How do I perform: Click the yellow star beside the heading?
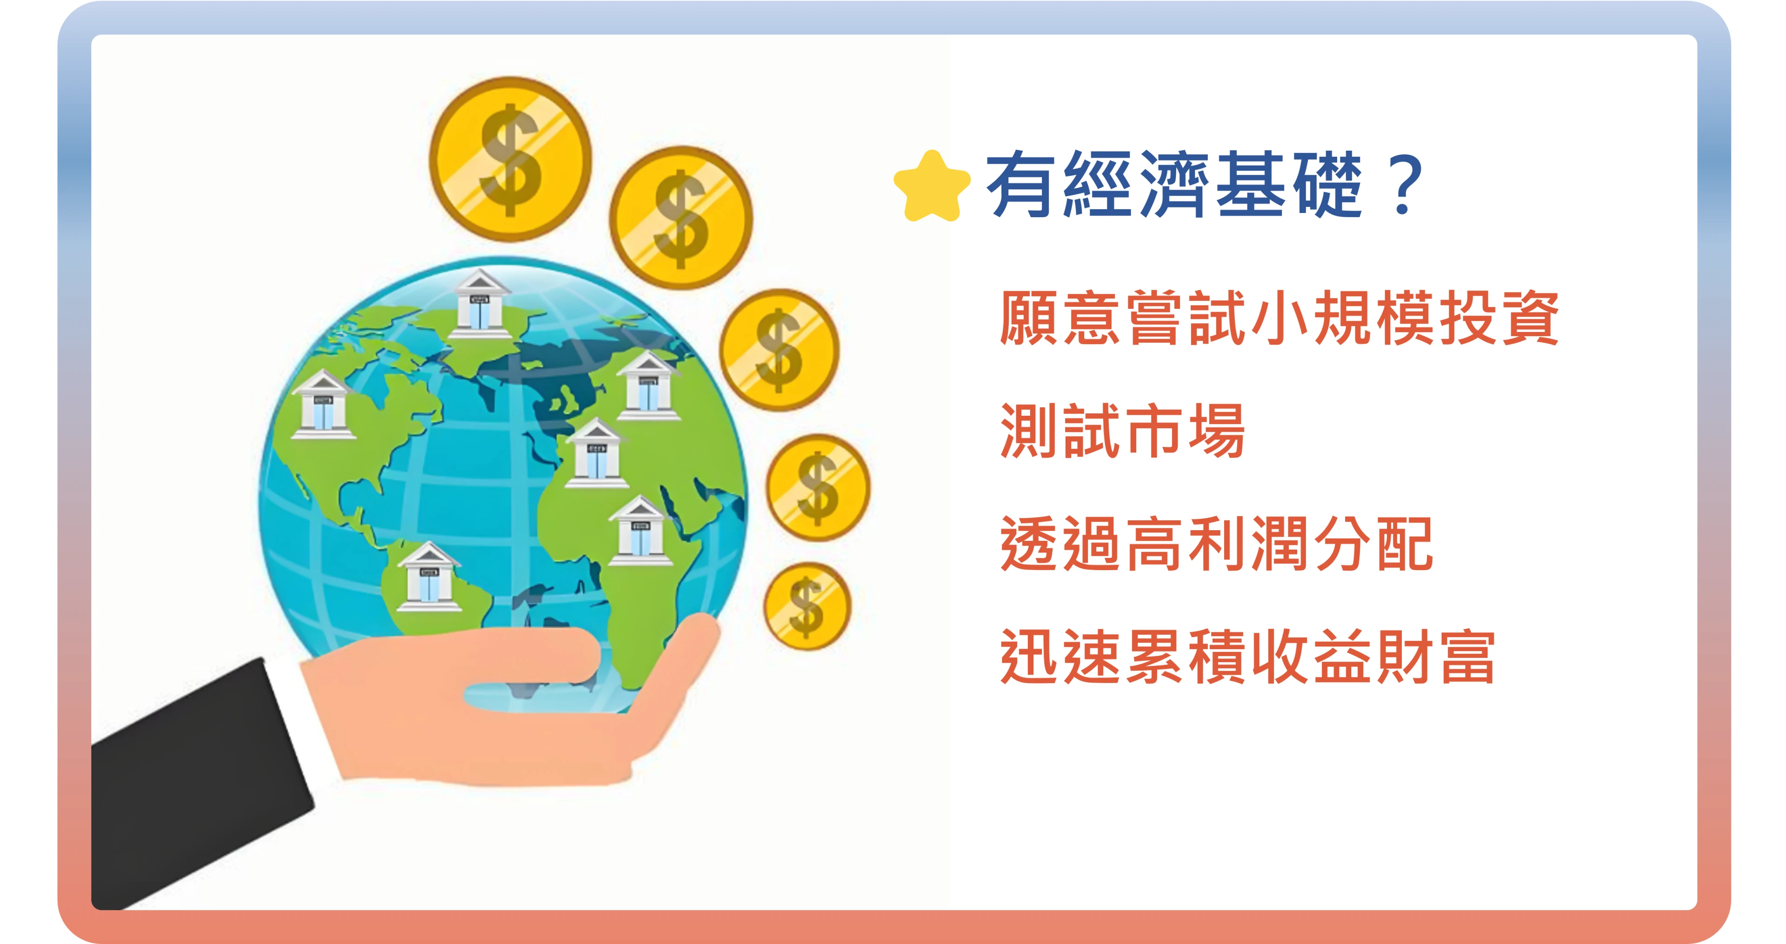tap(932, 186)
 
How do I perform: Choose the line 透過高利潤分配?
tap(1216, 544)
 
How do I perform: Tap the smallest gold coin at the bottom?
tap(807, 606)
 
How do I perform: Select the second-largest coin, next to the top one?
tap(681, 218)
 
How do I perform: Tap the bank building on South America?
tap(428, 577)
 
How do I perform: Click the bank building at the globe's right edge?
tap(648, 386)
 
